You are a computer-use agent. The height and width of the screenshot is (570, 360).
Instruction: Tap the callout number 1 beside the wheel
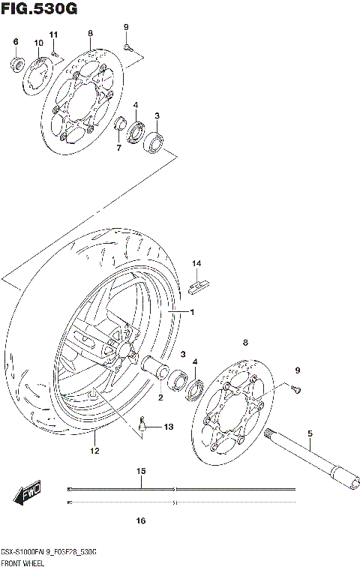pyautogui.click(x=191, y=311)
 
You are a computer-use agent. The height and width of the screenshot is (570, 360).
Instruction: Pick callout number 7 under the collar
pyautogui.click(x=118, y=148)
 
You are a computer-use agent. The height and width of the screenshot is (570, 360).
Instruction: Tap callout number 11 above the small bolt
pyautogui.click(x=53, y=36)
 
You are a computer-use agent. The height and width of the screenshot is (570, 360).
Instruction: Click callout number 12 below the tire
pyautogui.click(x=94, y=451)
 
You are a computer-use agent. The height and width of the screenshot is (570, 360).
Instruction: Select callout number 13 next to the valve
pyautogui.click(x=168, y=427)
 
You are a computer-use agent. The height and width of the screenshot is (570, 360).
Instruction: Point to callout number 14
pyautogui.click(x=196, y=263)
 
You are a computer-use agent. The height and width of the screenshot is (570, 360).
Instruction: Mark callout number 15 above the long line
pyautogui.click(x=140, y=471)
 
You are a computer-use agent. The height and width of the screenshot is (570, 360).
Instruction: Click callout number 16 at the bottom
pyautogui.click(x=140, y=520)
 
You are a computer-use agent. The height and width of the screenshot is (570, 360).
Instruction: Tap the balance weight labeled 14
pyautogui.click(x=202, y=283)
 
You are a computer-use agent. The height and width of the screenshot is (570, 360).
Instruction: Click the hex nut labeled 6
pyautogui.click(x=16, y=62)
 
